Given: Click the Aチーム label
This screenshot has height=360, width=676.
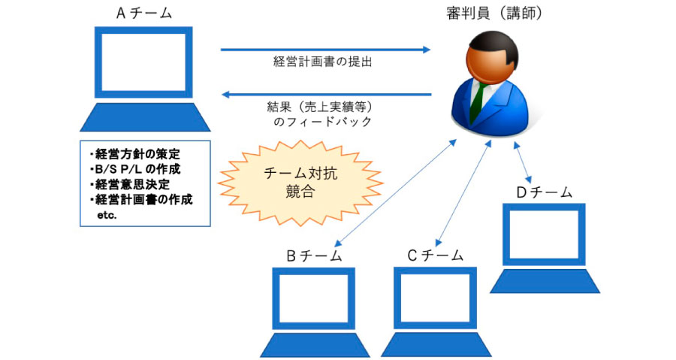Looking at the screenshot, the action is [144, 14].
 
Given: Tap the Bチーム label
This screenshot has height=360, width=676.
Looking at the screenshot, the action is [314, 256].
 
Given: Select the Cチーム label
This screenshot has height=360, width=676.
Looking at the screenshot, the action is [435, 256].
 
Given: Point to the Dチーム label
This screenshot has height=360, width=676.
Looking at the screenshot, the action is [544, 192].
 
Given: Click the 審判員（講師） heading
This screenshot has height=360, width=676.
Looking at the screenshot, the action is [494, 14].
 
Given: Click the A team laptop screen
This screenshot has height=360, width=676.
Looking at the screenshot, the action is [143, 62].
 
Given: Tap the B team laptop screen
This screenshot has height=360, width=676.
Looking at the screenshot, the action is [314, 298].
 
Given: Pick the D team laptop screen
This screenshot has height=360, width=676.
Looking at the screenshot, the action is [544, 234].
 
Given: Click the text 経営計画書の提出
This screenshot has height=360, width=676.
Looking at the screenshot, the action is [322, 62].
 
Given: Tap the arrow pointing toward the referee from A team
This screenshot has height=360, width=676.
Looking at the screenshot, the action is [325, 50].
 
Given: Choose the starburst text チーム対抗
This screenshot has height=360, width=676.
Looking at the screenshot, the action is [300, 174].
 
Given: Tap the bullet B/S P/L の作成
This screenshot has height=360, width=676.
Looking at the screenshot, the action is [135, 169].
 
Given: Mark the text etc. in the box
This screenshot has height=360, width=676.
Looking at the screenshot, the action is [107, 215].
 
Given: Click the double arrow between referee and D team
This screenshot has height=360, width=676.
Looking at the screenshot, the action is [522, 162].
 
